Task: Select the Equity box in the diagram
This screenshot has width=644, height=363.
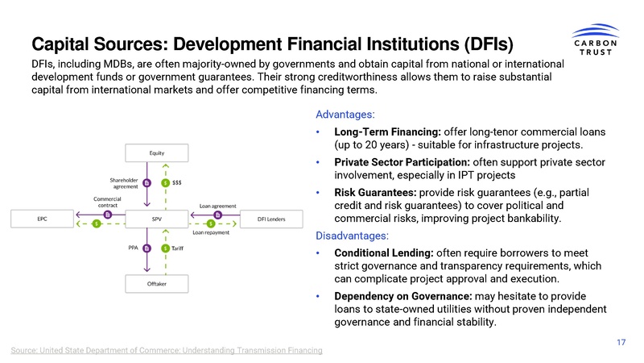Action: coord(157,152)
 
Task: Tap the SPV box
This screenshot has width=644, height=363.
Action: coord(157,219)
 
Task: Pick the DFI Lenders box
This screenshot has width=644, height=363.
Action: coord(273,219)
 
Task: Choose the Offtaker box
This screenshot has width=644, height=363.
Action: coord(157,284)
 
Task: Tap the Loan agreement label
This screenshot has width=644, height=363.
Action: coord(218,207)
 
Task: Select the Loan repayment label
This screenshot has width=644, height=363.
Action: coord(211,232)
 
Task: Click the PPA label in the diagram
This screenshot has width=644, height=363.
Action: coord(134,248)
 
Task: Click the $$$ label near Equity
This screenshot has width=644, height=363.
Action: coord(177,182)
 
